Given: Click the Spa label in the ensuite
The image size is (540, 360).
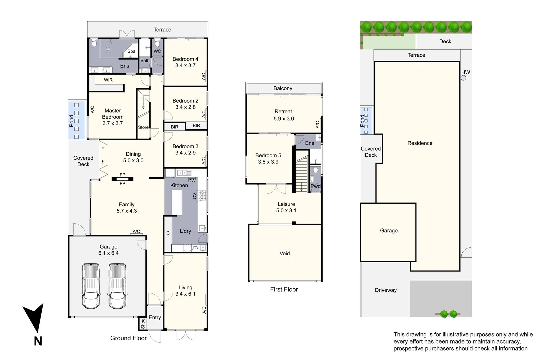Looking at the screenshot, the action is click(x=131, y=51).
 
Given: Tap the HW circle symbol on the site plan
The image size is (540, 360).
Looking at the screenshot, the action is click(x=463, y=78).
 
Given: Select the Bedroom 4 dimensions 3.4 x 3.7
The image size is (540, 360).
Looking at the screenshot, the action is click(x=185, y=65).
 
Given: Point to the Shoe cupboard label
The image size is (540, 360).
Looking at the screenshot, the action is click(x=143, y=323).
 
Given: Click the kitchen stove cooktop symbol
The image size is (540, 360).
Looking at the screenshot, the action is click(x=202, y=196).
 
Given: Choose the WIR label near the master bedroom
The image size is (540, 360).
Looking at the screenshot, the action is click(x=108, y=80).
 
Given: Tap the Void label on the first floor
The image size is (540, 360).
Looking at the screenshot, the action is click(x=284, y=253).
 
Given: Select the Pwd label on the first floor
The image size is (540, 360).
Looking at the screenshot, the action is click(x=315, y=186).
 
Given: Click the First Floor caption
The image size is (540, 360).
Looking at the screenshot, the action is click(x=284, y=289).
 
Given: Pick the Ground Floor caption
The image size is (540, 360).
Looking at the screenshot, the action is click(x=128, y=338).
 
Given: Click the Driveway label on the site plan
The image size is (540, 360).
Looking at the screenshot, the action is click(x=386, y=290).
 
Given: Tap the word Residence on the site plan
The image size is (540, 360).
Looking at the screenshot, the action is click(x=420, y=143).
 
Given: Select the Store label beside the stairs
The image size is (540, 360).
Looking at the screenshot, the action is click(x=143, y=127).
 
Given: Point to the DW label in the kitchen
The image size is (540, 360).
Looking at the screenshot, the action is click(x=192, y=181).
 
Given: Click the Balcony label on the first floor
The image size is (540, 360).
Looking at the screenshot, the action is click(x=283, y=88).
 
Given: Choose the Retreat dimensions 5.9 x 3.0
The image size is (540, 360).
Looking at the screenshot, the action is click(x=284, y=119).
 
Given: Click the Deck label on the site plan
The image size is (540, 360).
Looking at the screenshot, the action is click(x=445, y=41).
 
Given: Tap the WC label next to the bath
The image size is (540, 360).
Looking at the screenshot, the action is click(x=157, y=51).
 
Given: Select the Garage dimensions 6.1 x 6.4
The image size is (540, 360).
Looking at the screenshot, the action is click(x=108, y=253).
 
